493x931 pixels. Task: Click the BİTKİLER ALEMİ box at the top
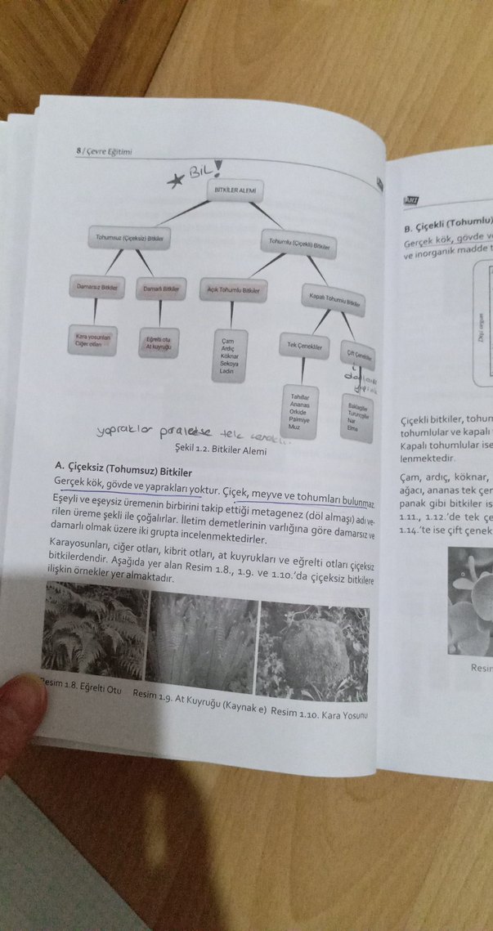pos(235,190)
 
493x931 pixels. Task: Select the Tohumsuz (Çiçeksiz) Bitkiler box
pos(134,238)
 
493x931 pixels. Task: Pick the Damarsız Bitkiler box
pos(93,288)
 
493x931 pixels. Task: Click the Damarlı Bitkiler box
pos(160,289)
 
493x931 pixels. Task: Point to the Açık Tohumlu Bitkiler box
pos(233,290)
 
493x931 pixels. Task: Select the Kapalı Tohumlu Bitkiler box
pos(335,299)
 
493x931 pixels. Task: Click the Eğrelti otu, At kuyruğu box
pos(159,342)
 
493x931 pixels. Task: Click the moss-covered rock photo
pos(313,650)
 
